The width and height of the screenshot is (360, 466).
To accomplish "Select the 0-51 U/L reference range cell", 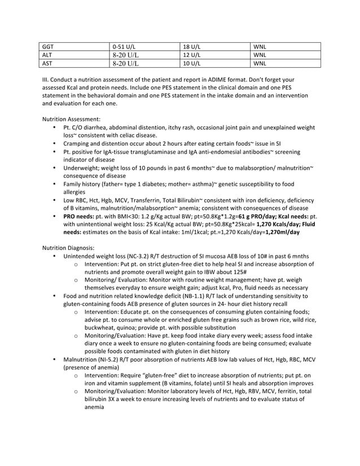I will point(124,46).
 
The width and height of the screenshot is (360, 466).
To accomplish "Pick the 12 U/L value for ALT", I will point(192,55).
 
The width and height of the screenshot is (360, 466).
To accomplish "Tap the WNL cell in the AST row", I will point(260,63).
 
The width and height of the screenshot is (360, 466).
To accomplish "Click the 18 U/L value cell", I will point(192,46).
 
